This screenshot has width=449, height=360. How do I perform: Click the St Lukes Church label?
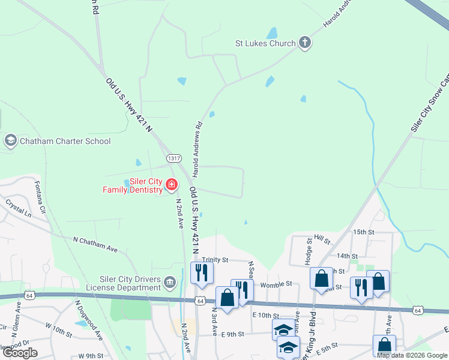pos(265,43)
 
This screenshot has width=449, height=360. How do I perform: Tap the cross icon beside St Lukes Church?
pos(305,43)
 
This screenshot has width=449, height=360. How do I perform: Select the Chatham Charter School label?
pos(65,142)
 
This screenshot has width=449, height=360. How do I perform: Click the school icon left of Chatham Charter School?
pos(10,141)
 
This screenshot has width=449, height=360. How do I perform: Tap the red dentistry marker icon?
pos(172,185)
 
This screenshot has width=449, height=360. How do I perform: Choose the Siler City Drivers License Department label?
pos(130,283)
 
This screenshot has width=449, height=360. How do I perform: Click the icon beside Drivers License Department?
pos(170,281)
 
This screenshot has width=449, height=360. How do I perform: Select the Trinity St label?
pos(215,260)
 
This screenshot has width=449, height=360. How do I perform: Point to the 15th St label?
pos(364,232)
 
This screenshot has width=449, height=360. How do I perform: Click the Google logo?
pos(20,353)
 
